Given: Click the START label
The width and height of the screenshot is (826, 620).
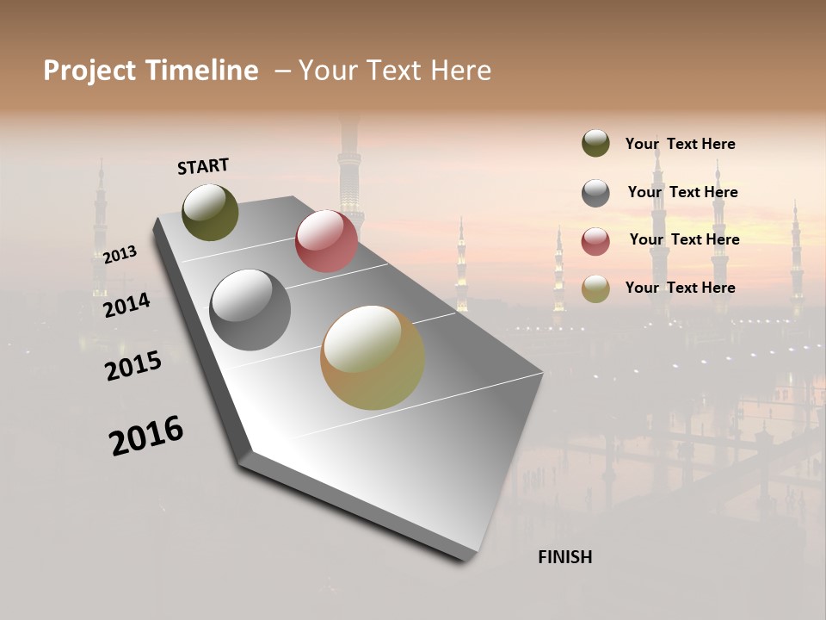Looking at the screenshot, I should click(x=203, y=166).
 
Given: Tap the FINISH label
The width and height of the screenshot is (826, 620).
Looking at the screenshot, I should click(x=564, y=557).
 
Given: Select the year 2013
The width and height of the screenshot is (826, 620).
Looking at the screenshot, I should click(x=120, y=255).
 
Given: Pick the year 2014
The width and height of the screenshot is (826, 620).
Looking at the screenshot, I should click(x=126, y=305).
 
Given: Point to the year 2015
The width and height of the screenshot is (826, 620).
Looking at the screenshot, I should click(x=133, y=366).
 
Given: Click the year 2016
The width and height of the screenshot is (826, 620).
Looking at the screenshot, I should click(x=146, y=436).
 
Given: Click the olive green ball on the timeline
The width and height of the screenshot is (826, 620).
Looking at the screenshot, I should click(x=210, y=212).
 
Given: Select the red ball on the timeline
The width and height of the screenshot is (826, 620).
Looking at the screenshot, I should click(x=326, y=241).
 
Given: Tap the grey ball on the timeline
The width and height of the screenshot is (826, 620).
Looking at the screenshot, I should click(x=250, y=310).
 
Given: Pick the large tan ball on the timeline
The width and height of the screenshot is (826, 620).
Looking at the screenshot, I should click(x=372, y=357).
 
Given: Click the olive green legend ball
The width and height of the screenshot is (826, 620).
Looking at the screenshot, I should click(x=595, y=143).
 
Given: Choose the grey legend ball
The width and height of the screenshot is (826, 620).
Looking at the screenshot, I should click(x=595, y=193).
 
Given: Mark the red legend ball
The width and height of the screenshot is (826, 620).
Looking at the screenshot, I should click(x=595, y=241).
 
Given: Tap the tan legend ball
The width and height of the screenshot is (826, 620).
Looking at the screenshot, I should click(x=595, y=288).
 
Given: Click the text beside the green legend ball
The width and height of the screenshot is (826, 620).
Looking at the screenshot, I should click(x=680, y=144).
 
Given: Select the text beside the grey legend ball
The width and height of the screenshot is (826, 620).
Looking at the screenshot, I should click(x=682, y=192).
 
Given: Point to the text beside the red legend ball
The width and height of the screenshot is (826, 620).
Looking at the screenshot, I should click(x=684, y=239).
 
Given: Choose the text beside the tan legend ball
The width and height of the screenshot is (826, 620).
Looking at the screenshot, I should click(x=680, y=288).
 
